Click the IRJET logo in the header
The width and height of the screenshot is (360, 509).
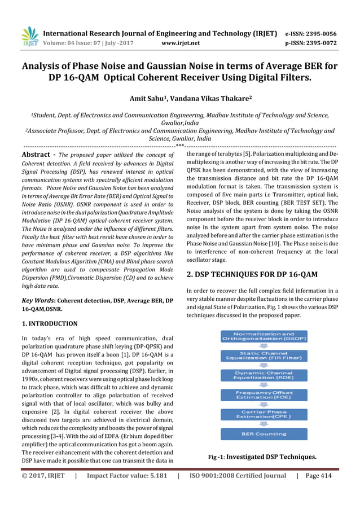click(29, 36)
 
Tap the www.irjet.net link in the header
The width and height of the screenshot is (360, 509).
click(180, 42)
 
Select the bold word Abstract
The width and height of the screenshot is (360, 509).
click(37, 155)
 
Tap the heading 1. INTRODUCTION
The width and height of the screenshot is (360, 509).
click(49, 324)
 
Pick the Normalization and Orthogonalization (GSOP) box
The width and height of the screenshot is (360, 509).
click(264, 337)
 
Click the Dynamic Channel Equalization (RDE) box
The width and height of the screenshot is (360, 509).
click(264, 375)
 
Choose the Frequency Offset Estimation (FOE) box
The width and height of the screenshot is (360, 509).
click(264, 394)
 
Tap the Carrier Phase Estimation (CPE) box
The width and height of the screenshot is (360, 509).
click(264, 415)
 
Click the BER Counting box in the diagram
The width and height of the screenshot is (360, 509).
click(264, 434)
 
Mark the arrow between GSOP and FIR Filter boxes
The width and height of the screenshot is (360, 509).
click(264, 346)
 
